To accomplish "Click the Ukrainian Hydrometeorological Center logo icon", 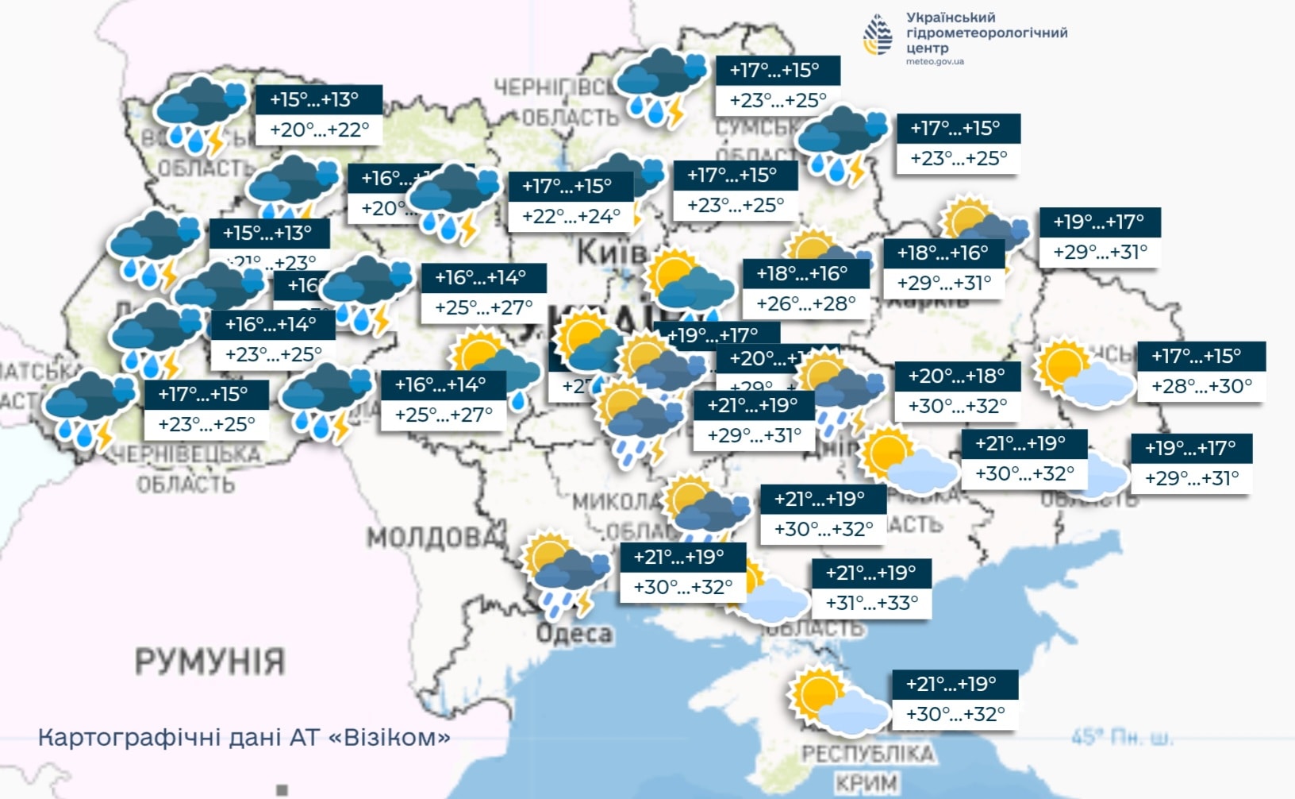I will pos(878,35).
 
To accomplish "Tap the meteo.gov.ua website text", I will pos(935,62).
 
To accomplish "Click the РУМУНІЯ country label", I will pos(209,661).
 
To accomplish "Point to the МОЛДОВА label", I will pos(436,538).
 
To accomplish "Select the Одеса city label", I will pos(574,633).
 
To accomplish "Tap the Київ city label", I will pos(611,253).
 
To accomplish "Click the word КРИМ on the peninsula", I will pos(867,783).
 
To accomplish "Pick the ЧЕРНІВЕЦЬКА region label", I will pos(187,454).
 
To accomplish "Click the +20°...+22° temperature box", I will pos(319,129).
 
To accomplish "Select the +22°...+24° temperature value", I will pos(571,216).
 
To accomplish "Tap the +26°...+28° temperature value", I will pos(805,303).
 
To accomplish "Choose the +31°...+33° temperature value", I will pos(871,603).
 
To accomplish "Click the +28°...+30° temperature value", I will pos(1201,386).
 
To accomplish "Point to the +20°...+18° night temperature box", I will pos(956,376).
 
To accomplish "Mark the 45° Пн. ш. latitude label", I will pos(1121,737).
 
